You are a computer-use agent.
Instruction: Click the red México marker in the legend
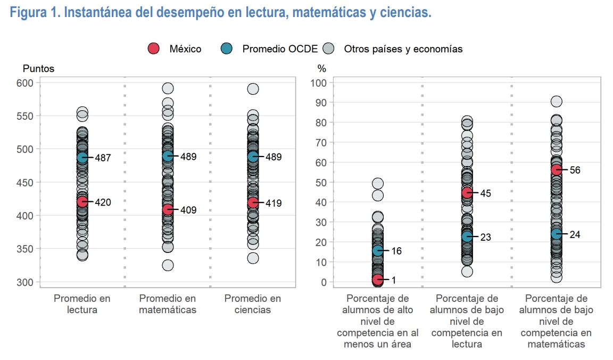point(153,49)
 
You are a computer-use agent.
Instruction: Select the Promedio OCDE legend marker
point(226,49)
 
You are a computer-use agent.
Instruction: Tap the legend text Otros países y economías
point(403,49)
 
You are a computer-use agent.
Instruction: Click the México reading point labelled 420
point(82,202)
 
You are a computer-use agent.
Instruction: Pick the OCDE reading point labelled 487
point(82,158)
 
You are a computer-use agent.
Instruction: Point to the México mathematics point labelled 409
point(168,209)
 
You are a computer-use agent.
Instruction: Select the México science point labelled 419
point(253,203)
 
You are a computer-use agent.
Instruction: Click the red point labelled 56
point(557,170)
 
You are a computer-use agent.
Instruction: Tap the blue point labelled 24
point(557,234)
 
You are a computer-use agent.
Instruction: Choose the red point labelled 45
point(467,193)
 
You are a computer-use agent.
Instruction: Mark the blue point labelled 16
point(378,250)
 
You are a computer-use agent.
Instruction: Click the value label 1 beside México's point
point(394,280)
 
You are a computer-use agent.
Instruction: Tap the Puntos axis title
point(38,68)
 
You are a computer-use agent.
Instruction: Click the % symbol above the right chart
point(321,68)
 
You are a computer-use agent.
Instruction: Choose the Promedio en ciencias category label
point(253,304)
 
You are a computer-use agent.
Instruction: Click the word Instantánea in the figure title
point(101,13)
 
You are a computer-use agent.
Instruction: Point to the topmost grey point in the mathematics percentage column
point(557,102)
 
